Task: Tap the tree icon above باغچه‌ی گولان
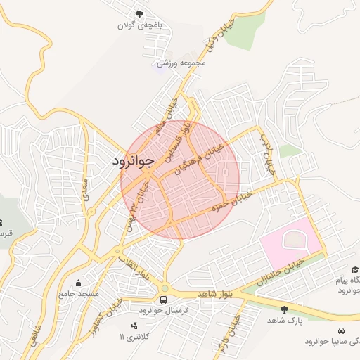pyautogui.click(x=139, y=13)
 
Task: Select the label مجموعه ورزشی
pyautogui.click(x=181, y=63)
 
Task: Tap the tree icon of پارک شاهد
pyautogui.click(x=284, y=309)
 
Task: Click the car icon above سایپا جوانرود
pyautogui.click(x=340, y=330)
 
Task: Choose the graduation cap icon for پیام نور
pyautogui.click(x=355, y=270)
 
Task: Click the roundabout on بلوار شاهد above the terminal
pyautogui.click(x=165, y=288)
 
